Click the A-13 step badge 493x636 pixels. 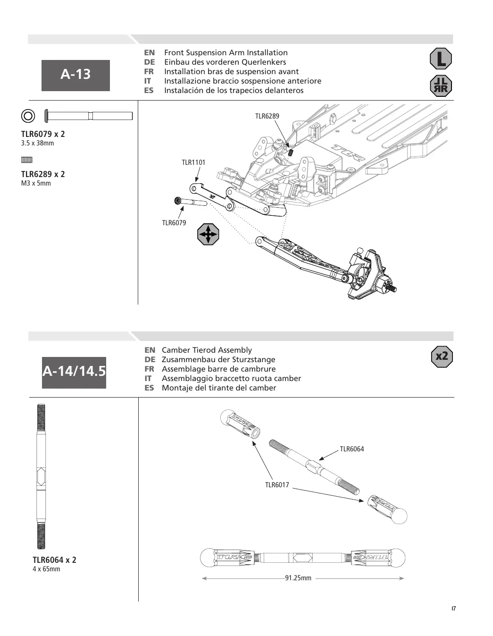pyautogui.click(x=75, y=75)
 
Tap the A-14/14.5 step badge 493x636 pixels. pyautogui.click(x=74, y=372)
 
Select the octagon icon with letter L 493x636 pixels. pyautogui.click(x=441, y=59)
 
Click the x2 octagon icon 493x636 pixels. pyautogui.click(x=442, y=356)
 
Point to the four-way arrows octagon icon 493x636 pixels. pyautogui.click(x=208, y=234)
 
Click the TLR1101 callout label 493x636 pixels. pyautogui.click(x=193, y=162)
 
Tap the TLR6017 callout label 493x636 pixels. pyautogui.click(x=277, y=485)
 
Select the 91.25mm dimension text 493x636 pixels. pyautogui.click(x=298, y=578)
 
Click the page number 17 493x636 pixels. pyautogui.click(x=453, y=609)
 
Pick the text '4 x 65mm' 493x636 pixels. pyautogui.click(x=46, y=569)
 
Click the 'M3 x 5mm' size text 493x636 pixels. pyautogui.click(x=36, y=183)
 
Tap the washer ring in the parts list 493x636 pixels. pyautogui.click(x=28, y=116)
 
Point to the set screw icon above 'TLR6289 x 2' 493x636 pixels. pyautogui.click(x=27, y=160)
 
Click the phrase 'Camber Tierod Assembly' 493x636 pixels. pyautogui.click(x=207, y=350)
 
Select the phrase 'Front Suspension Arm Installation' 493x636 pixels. pyautogui.click(x=226, y=53)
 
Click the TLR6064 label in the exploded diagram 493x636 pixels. pyautogui.click(x=352, y=449)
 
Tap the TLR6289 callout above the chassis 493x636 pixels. pyautogui.click(x=267, y=116)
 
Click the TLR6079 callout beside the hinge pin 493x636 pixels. pyautogui.click(x=174, y=223)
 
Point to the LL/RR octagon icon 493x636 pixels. pyautogui.click(x=441, y=86)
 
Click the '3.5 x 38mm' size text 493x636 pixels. pyautogui.click(x=37, y=143)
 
